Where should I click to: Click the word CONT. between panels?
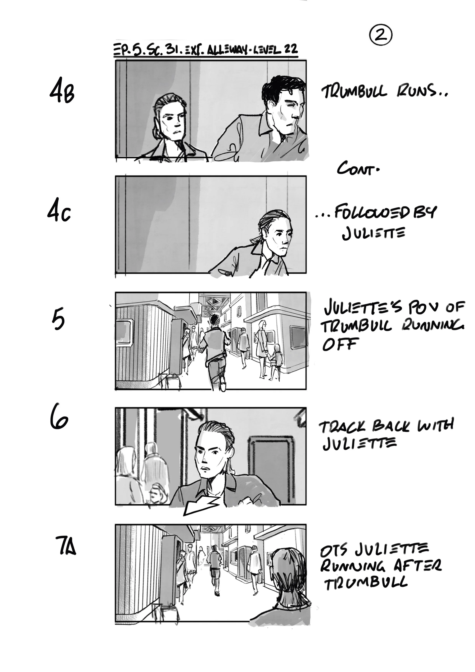coord(358,169)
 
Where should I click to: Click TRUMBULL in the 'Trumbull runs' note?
coord(354,92)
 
